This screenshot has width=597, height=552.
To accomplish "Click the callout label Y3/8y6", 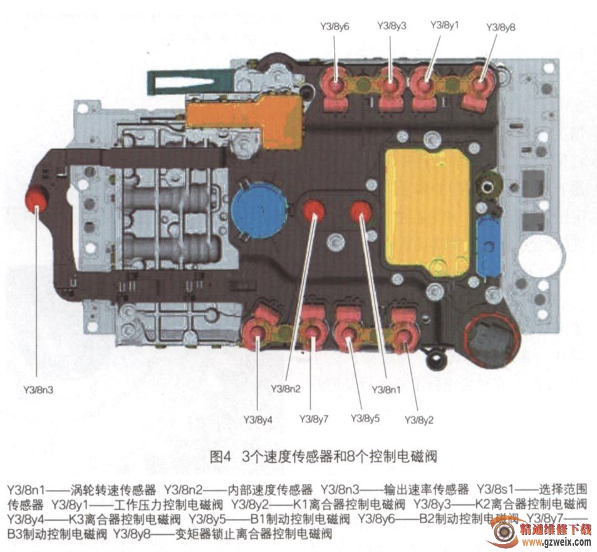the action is pyautogui.click(x=335, y=27).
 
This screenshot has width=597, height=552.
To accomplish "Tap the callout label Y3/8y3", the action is pyautogui.click(x=392, y=26).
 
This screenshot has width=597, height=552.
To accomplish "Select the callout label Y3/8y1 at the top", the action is pyautogui.click(x=445, y=25).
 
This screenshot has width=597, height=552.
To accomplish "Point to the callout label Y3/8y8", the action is pyautogui.click(x=501, y=28).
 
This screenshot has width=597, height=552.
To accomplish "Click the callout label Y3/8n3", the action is pyautogui.click(x=38, y=390).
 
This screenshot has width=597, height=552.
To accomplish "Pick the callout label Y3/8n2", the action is pyautogui.click(x=286, y=388).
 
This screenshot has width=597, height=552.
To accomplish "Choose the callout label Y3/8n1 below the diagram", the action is pyautogui.click(x=386, y=390).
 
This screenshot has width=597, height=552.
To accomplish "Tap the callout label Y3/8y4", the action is pyautogui.click(x=257, y=420).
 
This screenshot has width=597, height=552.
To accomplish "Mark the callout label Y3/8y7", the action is pyautogui.click(x=314, y=419).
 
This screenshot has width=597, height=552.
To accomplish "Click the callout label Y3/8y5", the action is pyautogui.click(x=365, y=419).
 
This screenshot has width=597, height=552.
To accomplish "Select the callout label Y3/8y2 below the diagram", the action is pyautogui.click(x=419, y=420).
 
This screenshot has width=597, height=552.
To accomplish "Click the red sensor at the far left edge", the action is pyautogui.click(x=36, y=199).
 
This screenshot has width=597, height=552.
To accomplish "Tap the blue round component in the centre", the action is pyautogui.click(x=259, y=211).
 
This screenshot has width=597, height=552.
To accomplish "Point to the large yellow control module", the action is pyautogui.click(x=427, y=212).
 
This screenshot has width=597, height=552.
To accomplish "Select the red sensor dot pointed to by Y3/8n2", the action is pyautogui.click(x=314, y=211).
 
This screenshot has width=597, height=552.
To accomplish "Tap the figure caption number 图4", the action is pyautogui.click(x=221, y=456).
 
